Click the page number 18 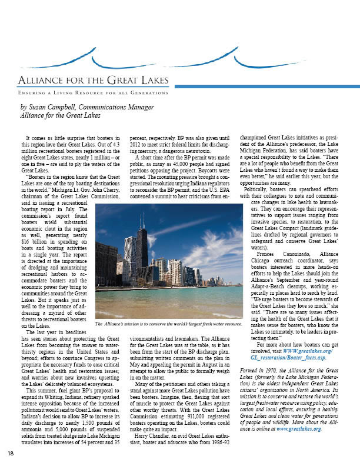pyautogui.click(x=11, y=452)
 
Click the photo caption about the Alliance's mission pyautogui.click(x=169, y=324)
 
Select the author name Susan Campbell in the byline pyautogui.click(x=55, y=107)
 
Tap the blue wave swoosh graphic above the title pyautogui.click(x=176, y=59)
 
